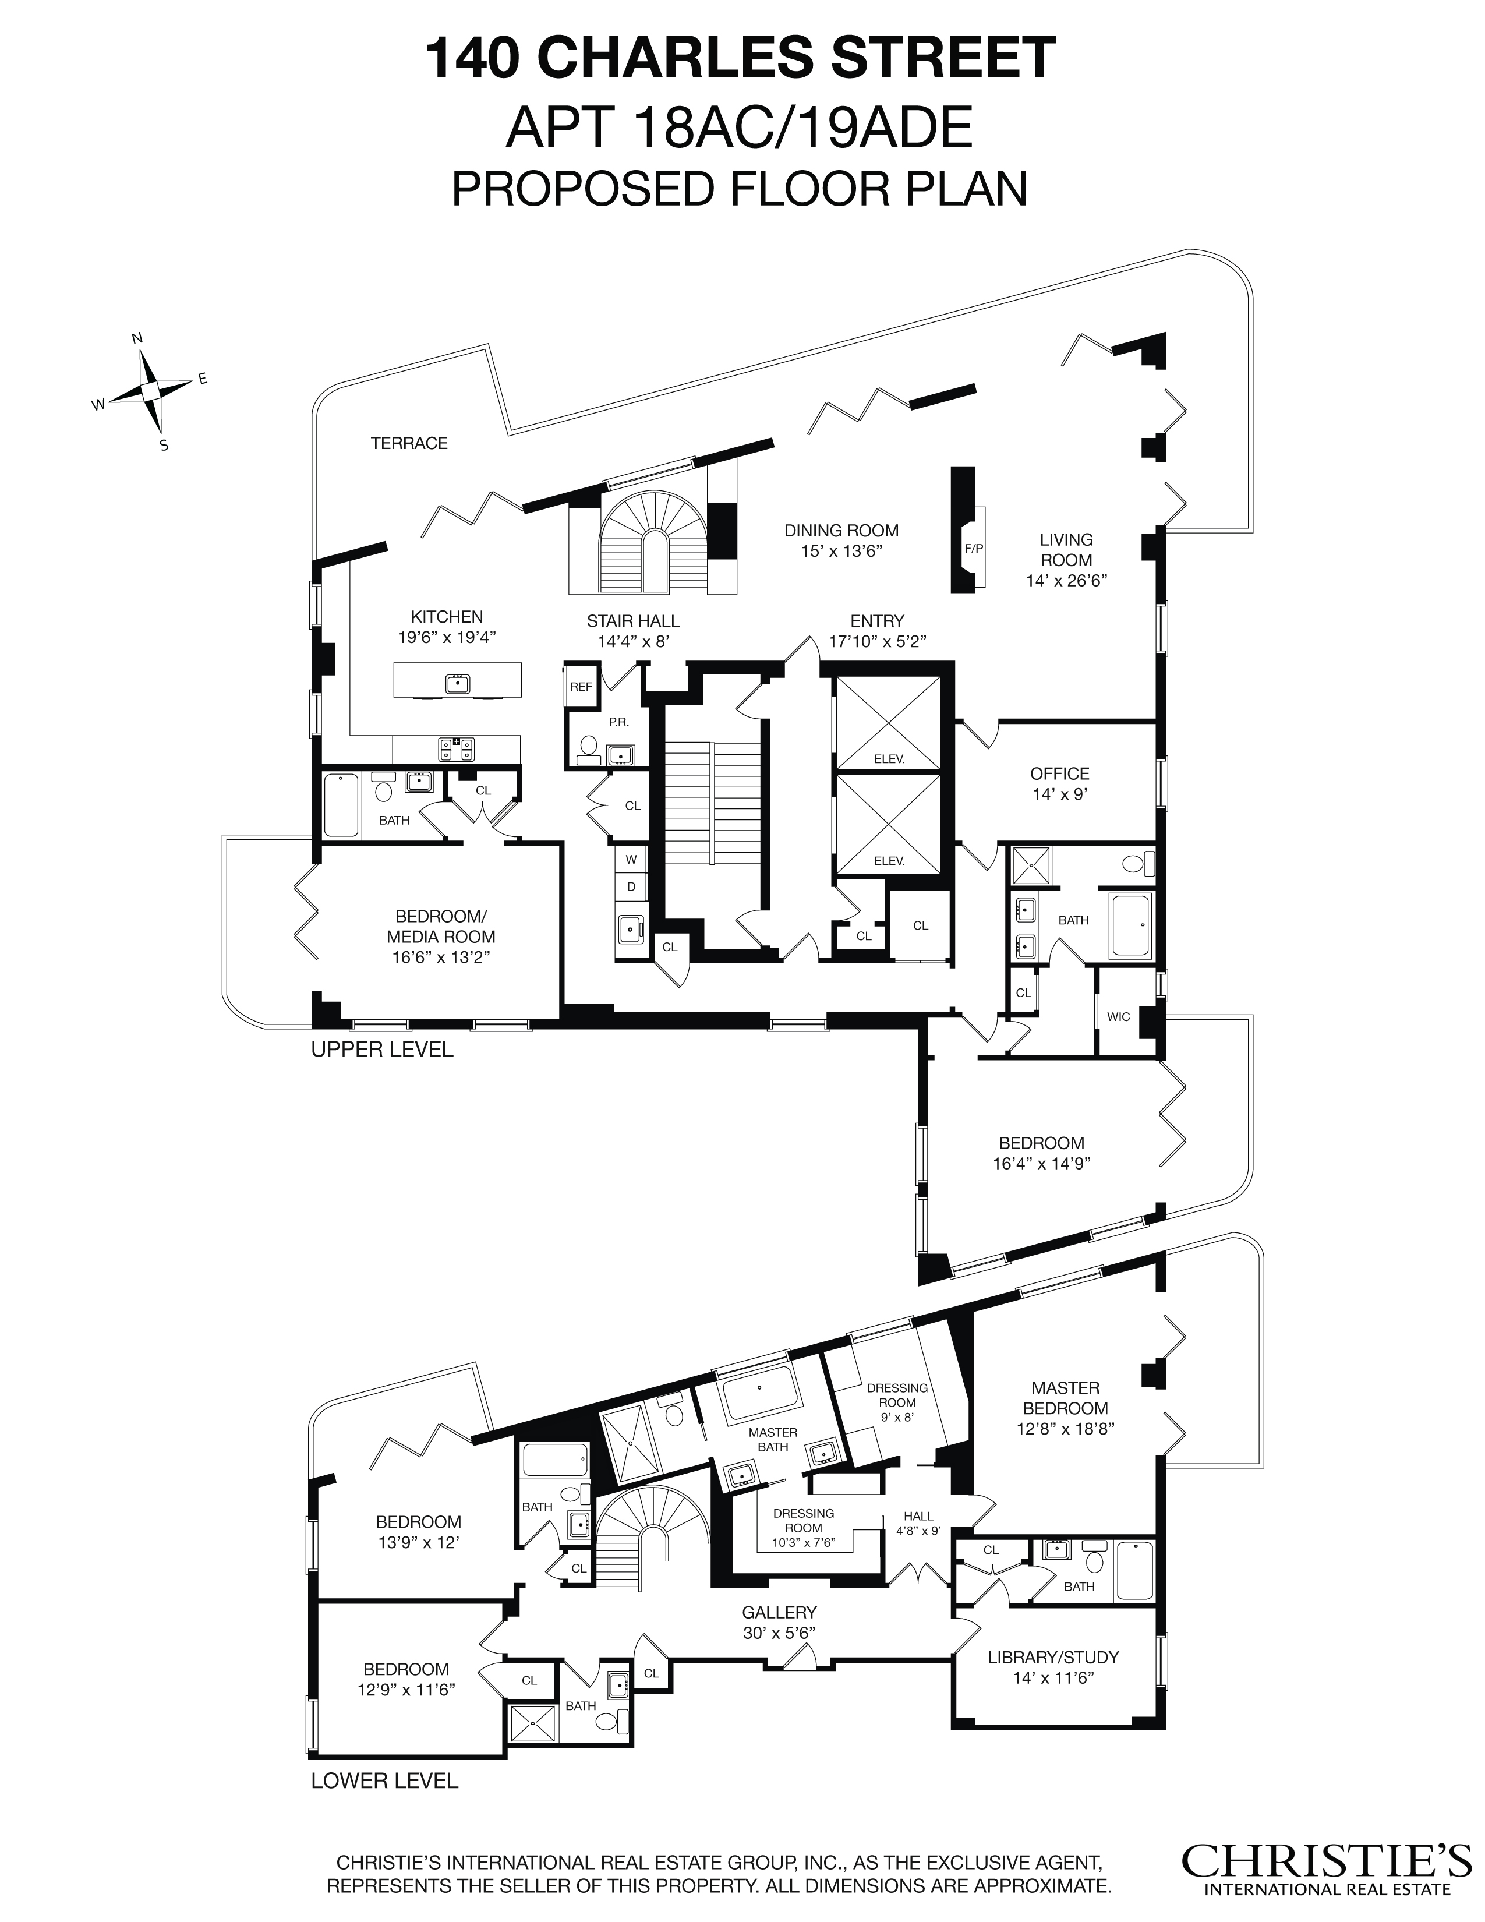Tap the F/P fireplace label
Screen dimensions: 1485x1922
click(x=974, y=547)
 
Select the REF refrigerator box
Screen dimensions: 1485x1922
click(x=581, y=687)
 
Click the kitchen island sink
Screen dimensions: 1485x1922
click(x=458, y=683)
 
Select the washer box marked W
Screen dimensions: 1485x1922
click(x=631, y=858)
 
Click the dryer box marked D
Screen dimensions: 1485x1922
click(x=631, y=886)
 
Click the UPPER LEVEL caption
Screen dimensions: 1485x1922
click(x=382, y=1050)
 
